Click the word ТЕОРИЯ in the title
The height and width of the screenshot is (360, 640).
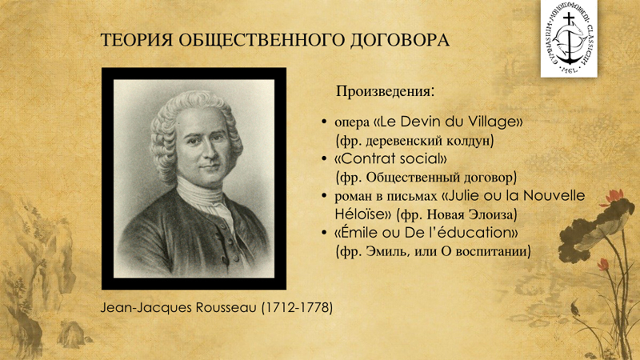[136, 40]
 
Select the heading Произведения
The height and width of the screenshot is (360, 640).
[384, 91]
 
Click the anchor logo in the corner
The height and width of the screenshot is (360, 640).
[569, 38]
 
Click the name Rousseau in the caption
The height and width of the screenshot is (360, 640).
[226, 307]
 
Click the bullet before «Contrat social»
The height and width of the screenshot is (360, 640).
[324, 158]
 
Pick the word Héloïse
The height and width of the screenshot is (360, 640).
[358, 214]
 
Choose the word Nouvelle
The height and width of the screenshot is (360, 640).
[554, 195]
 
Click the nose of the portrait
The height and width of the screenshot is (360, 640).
[210, 153]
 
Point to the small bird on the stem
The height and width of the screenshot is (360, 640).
[575, 308]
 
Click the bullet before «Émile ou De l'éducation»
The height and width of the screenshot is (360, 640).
[324, 233]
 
